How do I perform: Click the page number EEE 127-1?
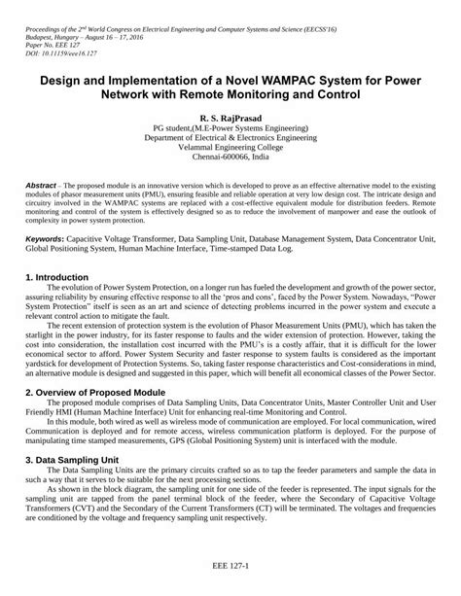pyautogui.click(x=230, y=563)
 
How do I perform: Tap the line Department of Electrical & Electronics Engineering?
pyautogui.click(x=230, y=137)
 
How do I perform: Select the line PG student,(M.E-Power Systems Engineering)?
pyautogui.click(x=230, y=127)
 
